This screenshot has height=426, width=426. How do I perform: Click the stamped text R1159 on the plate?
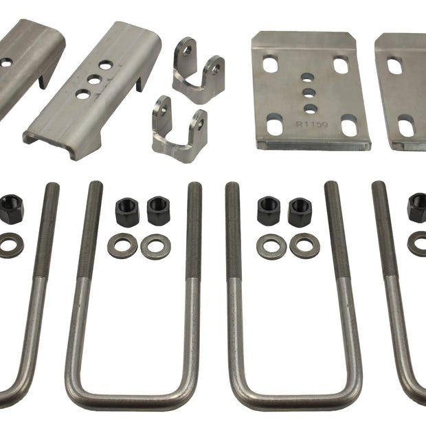(312, 124)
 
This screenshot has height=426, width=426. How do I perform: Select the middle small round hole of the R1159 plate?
(309, 93)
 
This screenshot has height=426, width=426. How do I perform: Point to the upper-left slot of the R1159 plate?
(270, 64)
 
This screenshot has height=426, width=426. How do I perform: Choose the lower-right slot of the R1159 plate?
(349, 125)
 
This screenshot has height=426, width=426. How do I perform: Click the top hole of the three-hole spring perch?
(106, 65)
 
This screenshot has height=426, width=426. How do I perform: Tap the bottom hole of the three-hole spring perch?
(83, 94)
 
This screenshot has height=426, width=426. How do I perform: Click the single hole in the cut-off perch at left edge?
(5, 63)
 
